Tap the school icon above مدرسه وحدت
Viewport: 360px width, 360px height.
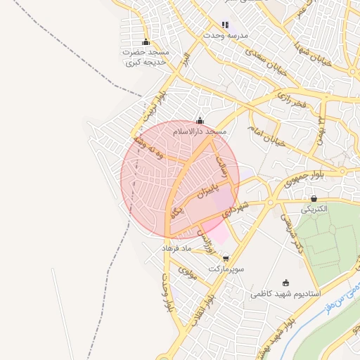225,25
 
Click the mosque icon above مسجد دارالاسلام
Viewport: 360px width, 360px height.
200,121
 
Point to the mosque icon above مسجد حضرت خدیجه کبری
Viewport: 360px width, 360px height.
146,42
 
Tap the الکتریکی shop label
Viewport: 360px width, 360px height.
314,210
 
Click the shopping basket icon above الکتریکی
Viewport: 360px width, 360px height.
314,199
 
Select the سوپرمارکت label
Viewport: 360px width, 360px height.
226,269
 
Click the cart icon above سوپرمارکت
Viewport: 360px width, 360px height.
225,259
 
